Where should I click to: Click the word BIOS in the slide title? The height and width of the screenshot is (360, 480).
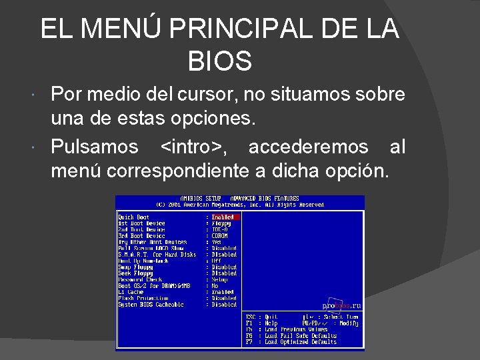coord(220,61)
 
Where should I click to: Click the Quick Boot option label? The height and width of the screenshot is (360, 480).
coord(134,217)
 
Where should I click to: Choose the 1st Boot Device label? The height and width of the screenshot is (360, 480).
coord(141,223)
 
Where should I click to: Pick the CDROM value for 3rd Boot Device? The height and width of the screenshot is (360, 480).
coord(219,236)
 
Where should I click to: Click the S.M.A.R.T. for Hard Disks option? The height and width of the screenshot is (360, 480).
coord(157,255)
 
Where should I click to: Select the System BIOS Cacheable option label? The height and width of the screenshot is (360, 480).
coord(151,305)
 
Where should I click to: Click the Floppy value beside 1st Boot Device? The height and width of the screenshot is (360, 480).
coord(221,223)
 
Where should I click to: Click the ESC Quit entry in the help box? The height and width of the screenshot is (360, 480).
coord(262,317)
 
